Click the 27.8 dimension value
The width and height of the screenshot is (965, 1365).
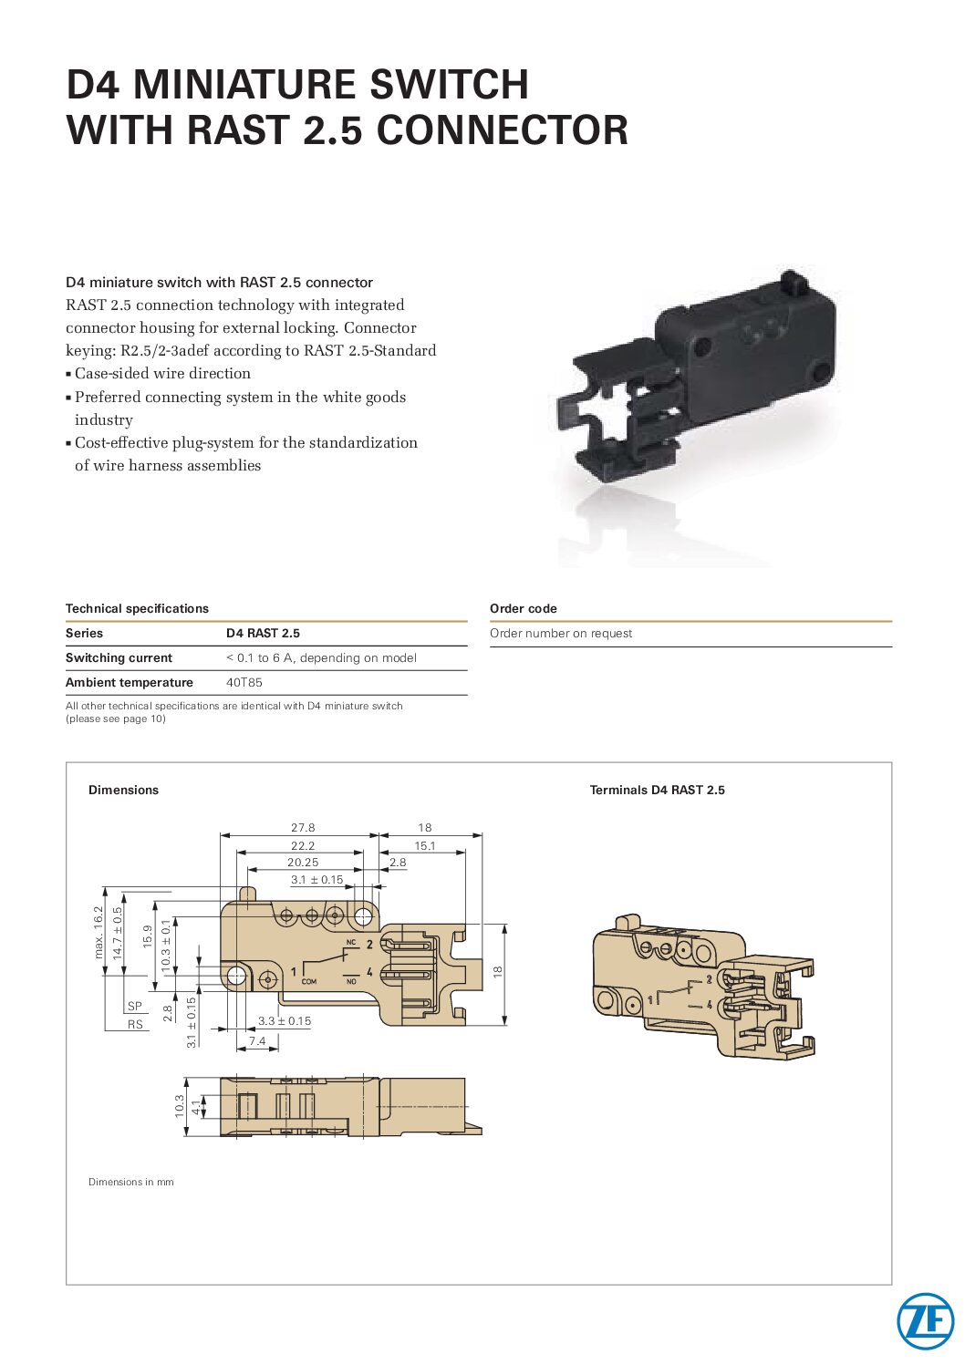click(x=303, y=828)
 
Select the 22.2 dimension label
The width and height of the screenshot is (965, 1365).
click(x=303, y=846)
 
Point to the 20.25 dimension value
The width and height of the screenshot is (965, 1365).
click(x=303, y=863)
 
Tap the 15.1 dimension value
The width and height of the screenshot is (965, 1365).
click(x=425, y=846)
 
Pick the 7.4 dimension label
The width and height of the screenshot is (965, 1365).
click(x=257, y=1040)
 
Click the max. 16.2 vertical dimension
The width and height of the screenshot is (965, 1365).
click(x=99, y=933)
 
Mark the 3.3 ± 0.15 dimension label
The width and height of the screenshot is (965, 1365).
click(x=285, y=1020)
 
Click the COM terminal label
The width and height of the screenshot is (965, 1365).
click(x=309, y=982)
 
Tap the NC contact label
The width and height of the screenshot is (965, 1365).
click(x=351, y=943)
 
